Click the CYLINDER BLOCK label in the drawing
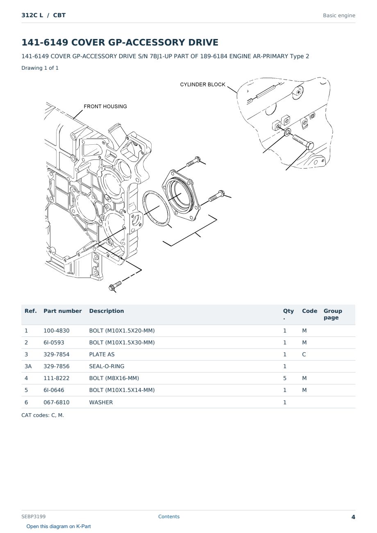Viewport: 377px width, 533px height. click(202, 84)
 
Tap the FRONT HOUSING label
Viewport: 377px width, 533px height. click(105, 106)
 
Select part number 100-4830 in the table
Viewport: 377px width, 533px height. click(57, 330)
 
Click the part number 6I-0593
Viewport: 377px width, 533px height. click(54, 342)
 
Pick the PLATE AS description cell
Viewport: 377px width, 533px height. click(102, 354)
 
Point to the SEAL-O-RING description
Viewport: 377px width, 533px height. click(107, 366)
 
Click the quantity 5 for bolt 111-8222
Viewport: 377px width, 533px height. click(285, 378)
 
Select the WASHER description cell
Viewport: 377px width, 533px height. click(101, 402)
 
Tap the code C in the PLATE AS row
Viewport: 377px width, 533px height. click(304, 354)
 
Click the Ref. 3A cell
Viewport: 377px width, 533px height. click(28, 366)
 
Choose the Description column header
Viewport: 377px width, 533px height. click(107, 311)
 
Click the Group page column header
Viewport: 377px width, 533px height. click(333, 314)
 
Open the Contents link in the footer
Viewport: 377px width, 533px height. click(169, 516)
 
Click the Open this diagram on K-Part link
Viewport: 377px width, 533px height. click(59, 526)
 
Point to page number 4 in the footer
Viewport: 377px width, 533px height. click(353, 517)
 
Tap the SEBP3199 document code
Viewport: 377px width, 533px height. click(34, 516)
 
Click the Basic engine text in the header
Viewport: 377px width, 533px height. click(339, 16)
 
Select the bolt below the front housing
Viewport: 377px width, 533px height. click(115, 285)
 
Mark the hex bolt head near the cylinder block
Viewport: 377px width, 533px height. click(309, 145)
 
